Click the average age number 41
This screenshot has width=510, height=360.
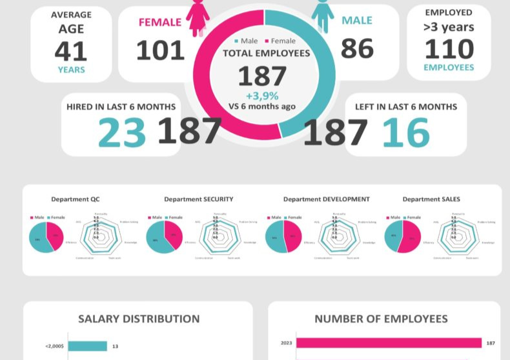click(70, 52)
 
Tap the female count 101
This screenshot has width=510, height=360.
click(160, 50)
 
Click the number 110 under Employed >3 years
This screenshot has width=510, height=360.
click(449, 49)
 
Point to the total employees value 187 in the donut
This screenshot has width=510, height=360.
click(262, 77)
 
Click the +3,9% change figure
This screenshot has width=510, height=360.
click(262, 95)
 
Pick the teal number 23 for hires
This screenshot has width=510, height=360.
click(122, 133)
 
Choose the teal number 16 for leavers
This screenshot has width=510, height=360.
click(406, 133)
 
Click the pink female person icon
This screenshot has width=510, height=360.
click(198, 16)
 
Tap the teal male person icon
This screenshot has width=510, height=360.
click(322, 14)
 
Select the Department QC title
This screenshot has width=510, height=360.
click(76, 199)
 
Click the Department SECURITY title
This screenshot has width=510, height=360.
click(199, 199)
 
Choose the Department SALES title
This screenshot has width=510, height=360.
click(431, 199)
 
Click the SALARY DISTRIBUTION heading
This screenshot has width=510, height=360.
click(139, 319)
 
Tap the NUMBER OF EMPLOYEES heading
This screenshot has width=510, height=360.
click(381, 319)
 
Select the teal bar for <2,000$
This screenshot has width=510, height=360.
click(87, 346)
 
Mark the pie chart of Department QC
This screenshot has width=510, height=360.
click(46, 237)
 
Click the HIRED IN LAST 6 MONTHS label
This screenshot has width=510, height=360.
click(121, 107)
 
